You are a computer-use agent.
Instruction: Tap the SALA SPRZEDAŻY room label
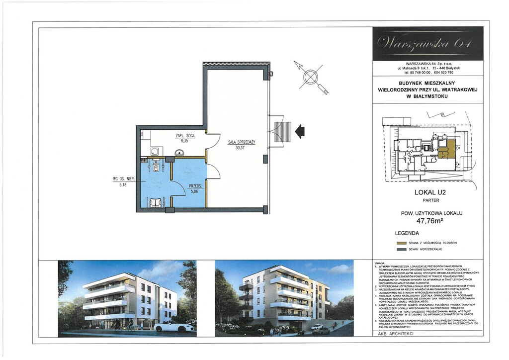(242, 142)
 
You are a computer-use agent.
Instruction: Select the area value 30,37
(241, 147)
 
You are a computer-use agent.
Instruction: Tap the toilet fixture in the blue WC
(157, 168)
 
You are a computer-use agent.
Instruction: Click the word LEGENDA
(407, 233)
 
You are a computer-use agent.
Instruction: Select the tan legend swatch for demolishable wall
(401, 243)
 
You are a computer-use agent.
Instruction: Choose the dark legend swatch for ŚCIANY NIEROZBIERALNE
(401, 249)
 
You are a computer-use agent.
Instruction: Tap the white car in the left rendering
(173, 327)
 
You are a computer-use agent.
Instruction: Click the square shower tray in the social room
(154, 152)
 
